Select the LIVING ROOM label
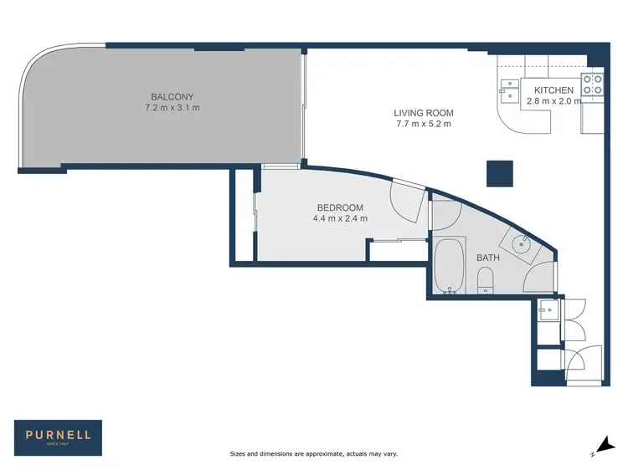coord(424,113)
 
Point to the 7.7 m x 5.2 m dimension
coord(424,125)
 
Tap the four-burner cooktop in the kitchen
coord(592,84)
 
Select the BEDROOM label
coord(340,207)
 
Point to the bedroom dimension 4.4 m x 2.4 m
coord(340,219)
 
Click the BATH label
coord(488,258)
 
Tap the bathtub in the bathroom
coord(450,265)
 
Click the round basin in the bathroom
coord(521,243)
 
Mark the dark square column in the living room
coord(500,173)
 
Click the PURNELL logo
coord(58,437)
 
